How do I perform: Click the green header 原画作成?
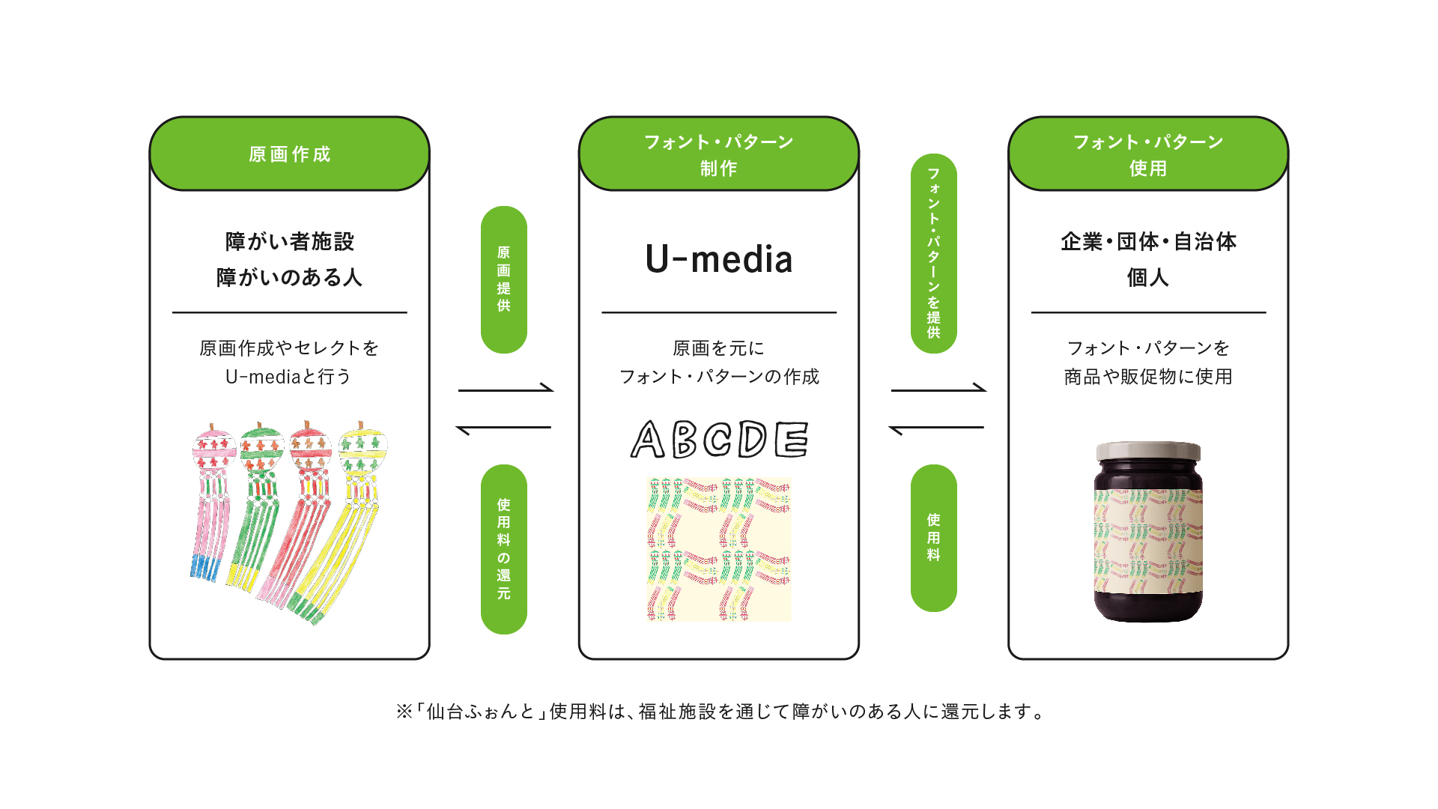pyautogui.click(x=289, y=154)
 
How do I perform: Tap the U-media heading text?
pyautogui.click(x=719, y=259)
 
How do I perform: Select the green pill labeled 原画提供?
pyautogui.click(x=504, y=279)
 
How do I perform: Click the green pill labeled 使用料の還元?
pyautogui.click(x=504, y=549)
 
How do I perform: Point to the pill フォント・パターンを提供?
pyautogui.click(x=934, y=253)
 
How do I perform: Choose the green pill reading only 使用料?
pyautogui.click(x=934, y=538)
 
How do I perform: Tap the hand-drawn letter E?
pyautogui.click(x=792, y=439)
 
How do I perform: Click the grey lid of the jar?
pyautogui.click(x=1148, y=451)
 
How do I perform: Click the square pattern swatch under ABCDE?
pyautogui.click(x=719, y=549)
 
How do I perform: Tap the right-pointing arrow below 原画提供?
pyautogui.click(x=506, y=389)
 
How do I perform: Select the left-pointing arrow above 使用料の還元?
pyautogui.click(x=503, y=428)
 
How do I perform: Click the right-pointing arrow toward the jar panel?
pyautogui.click(x=938, y=389)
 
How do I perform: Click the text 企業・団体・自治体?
pyautogui.click(x=1148, y=241)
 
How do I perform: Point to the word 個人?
pyautogui.click(x=1148, y=277)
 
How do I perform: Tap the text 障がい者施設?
pyautogui.click(x=289, y=241)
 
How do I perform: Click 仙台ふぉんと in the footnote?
pyautogui.click(x=480, y=712)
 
